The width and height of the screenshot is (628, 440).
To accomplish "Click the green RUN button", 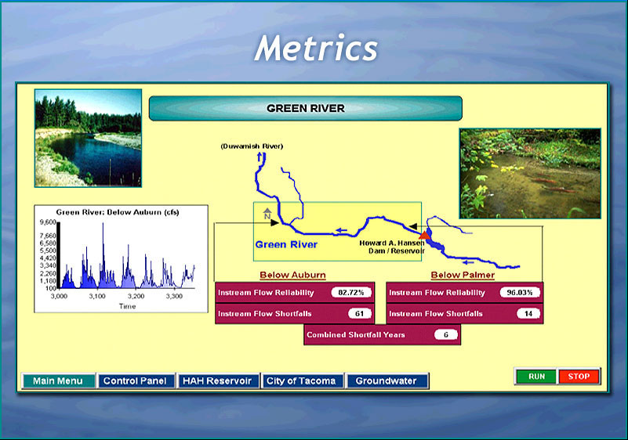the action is click(536, 377).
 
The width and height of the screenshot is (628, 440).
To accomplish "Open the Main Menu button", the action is click(59, 380).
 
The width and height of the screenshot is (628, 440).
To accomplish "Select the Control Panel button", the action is click(136, 380).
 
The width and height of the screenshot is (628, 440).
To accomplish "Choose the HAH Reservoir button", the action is click(217, 380).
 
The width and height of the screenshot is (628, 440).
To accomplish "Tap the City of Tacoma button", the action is click(302, 380).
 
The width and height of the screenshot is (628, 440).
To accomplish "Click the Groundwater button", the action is click(387, 380).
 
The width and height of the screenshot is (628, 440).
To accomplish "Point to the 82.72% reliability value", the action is click(351, 292).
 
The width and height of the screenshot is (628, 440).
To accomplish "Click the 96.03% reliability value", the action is click(520, 292).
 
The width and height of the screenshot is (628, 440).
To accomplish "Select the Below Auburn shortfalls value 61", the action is click(360, 314).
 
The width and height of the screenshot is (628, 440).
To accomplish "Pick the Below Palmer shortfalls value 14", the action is click(528, 314).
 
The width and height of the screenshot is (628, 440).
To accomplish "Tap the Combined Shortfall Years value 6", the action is click(446, 334).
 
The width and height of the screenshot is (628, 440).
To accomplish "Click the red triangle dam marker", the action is click(424, 235).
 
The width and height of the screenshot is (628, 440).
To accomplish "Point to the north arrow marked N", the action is click(267, 214).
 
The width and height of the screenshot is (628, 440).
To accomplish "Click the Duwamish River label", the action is click(252, 146).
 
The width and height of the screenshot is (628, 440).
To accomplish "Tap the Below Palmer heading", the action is click(463, 276).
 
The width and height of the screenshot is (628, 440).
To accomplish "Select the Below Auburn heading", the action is click(292, 276).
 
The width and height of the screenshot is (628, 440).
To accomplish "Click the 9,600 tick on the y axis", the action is click(48, 222).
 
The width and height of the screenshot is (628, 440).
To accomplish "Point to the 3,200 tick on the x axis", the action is click(136, 297).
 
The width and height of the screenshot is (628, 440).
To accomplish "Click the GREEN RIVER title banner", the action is click(306, 108).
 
